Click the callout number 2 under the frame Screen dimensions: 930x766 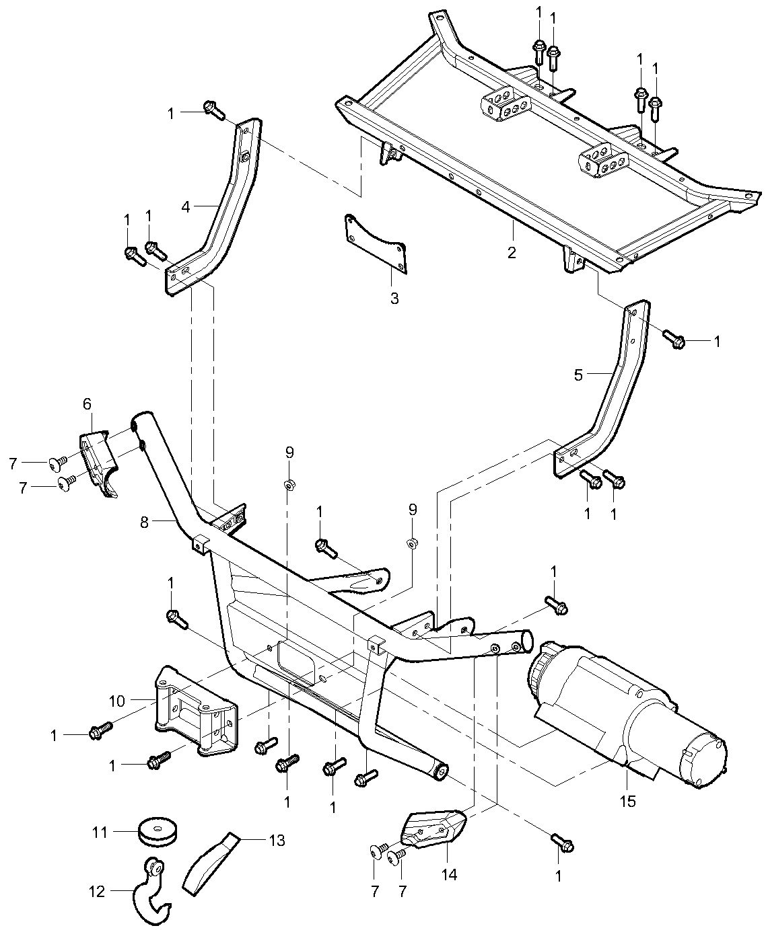[512, 253]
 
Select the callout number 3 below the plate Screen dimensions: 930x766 [394, 299]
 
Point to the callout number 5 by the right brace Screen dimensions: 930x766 [578, 375]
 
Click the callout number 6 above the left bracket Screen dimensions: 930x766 [87, 403]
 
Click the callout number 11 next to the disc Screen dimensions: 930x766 [100, 832]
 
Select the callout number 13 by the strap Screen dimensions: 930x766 [277, 840]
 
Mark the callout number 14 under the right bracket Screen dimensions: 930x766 [449, 874]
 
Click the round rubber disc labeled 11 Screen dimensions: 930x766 [158, 833]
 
